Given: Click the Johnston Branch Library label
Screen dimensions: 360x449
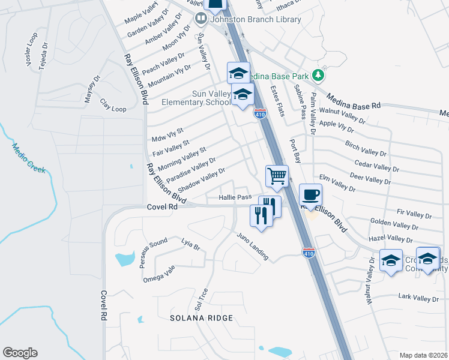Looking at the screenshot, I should [x=255, y=19].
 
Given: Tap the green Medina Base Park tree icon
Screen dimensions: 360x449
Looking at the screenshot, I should [x=319, y=76].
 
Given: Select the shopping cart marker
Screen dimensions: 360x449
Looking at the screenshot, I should [x=277, y=176].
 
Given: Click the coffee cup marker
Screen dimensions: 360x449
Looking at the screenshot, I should [x=310, y=194].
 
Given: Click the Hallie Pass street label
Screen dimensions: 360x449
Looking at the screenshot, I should [x=235, y=197].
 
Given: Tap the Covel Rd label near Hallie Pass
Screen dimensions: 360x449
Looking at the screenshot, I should [x=162, y=206].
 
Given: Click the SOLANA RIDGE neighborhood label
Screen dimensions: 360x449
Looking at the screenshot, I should [x=200, y=317].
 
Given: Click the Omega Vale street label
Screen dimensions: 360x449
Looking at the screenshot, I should [x=158, y=274].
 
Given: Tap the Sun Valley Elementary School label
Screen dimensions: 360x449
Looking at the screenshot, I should [x=196, y=98].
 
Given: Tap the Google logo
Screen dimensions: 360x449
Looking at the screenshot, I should [x=20, y=353].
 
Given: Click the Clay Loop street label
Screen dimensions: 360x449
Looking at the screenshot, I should [x=113, y=105].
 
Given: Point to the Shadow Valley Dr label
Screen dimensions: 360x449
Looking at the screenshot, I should [x=201, y=180].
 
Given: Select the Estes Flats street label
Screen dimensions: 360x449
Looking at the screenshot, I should [x=277, y=101].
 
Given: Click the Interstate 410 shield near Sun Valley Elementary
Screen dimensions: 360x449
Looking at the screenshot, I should [x=260, y=113].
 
